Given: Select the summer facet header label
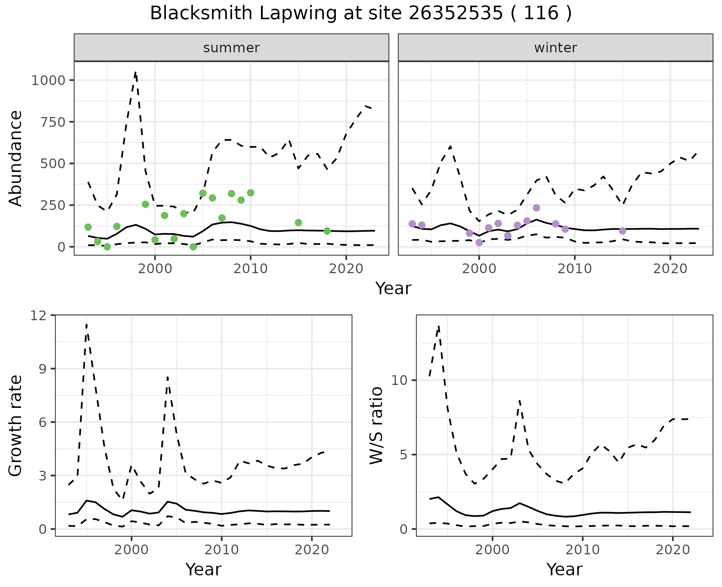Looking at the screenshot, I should coord(231,48).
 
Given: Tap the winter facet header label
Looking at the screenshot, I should coord(555,48).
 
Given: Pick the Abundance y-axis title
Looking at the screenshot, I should coord(16,158).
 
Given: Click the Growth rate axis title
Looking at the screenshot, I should coord(16,425).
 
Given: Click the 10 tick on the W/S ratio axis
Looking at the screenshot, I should coord(399,380).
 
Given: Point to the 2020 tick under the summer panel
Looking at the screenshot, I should coord(346,269).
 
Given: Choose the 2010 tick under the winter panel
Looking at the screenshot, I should coord(575,269).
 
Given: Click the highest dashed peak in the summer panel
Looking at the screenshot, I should coord(135,73).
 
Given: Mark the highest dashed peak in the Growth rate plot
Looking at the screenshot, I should coord(86,324).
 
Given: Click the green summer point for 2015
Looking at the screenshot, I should coord(298,223).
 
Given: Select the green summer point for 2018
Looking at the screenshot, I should coord(327,231).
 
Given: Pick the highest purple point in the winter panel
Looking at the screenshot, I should coord(537,208).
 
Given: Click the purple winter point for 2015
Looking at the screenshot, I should coord(622,231).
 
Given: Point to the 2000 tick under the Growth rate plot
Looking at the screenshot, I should coord(131,550).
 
